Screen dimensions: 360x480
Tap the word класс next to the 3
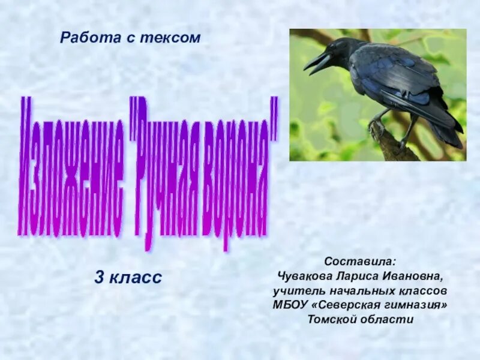[x=137, y=278]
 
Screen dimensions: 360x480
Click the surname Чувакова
[x=305, y=276]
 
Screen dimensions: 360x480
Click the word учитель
[x=296, y=290]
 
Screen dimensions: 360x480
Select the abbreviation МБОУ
[x=290, y=305]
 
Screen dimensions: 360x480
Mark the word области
[x=390, y=319]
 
